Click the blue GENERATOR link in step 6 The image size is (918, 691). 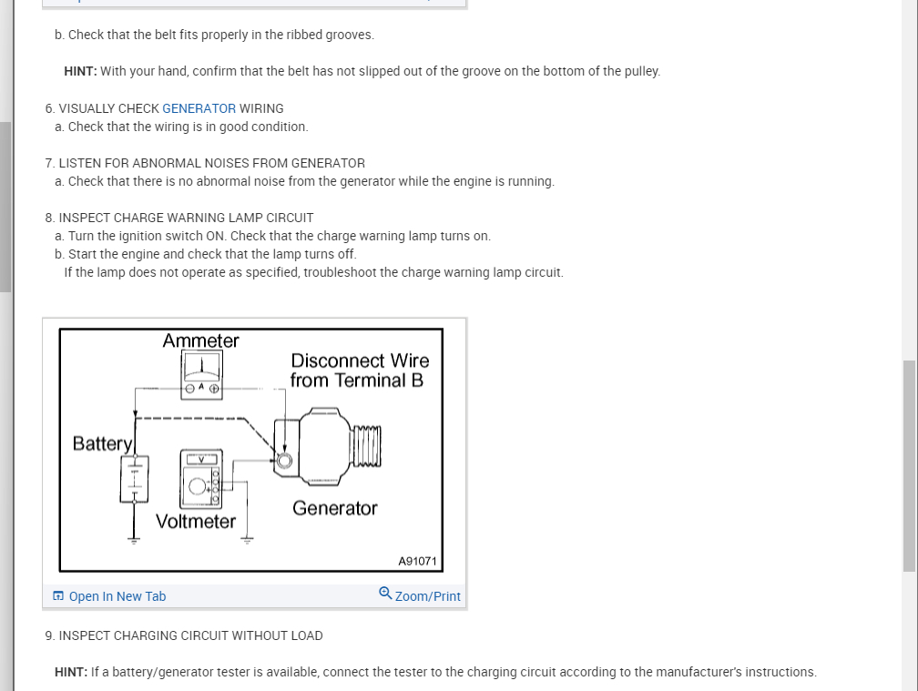(x=199, y=108)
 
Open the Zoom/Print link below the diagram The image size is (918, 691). (x=427, y=596)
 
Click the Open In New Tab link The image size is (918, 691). (x=117, y=596)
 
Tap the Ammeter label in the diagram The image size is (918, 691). (x=200, y=340)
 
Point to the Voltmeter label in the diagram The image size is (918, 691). (x=196, y=522)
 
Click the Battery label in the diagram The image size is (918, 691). (x=103, y=443)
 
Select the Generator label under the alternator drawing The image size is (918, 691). (x=334, y=508)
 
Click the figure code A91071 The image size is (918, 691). (x=418, y=561)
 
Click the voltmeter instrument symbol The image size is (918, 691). (x=201, y=478)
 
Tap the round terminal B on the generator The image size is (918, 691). (x=285, y=461)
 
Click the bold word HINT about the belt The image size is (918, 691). (x=80, y=71)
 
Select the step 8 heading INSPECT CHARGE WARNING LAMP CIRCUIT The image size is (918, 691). (x=186, y=218)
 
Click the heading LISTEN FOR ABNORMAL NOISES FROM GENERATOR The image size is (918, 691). (x=211, y=163)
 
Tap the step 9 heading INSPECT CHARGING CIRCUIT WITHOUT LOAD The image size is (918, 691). (x=190, y=635)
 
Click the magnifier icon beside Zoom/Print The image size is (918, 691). (x=385, y=594)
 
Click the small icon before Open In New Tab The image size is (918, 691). (x=58, y=596)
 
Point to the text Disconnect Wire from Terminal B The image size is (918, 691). (x=359, y=371)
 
